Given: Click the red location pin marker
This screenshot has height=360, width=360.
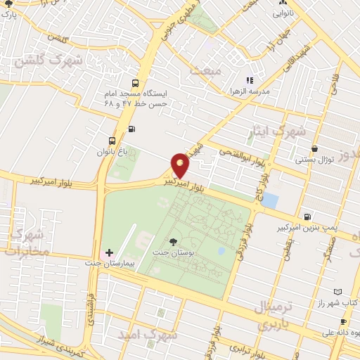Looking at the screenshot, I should tap(180, 165).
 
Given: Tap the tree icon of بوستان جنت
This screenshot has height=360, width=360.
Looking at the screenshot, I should tap(173, 243).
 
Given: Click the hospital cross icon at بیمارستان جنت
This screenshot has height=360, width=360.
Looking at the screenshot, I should tap(108, 252).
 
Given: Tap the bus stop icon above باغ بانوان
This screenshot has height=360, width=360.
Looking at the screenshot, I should tap(112, 140).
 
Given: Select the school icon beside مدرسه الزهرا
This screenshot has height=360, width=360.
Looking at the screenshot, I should tap(249, 81).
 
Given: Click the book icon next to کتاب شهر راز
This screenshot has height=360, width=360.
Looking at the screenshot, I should tap(338, 291).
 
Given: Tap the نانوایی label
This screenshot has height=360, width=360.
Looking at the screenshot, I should tap(285, 13).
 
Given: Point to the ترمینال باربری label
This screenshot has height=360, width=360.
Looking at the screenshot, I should tap(262, 314).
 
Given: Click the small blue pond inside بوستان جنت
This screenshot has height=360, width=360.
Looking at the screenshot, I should tap(221, 250).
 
